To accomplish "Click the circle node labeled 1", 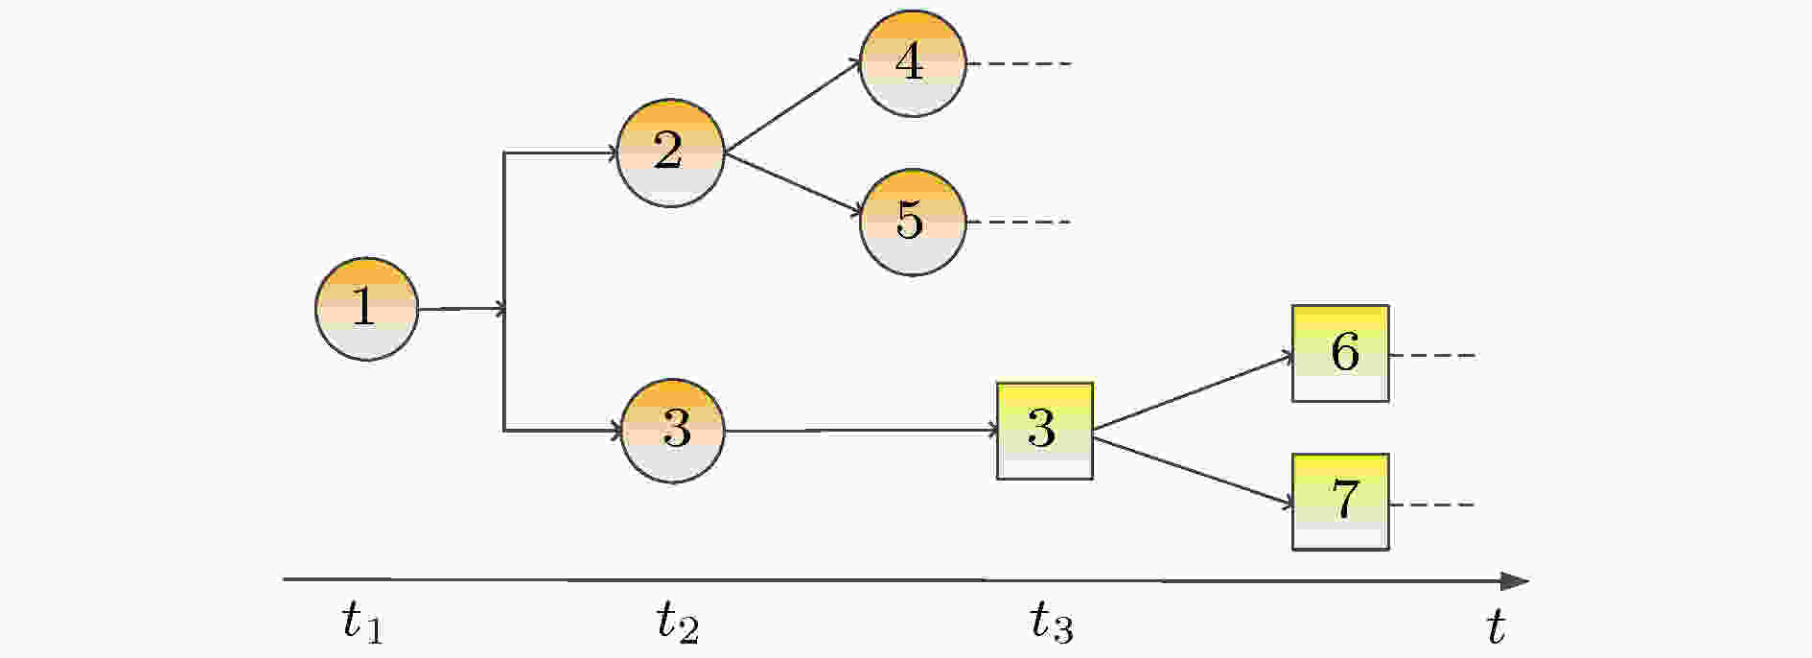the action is tap(367, 309).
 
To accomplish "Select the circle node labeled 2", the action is tap(670, 153).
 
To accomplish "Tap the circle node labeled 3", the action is tap(673, 431).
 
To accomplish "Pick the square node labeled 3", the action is tap(1045, 431).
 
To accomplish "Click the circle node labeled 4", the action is tap(913, 63).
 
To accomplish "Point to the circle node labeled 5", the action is tap(913, 223).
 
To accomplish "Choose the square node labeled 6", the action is tap(1340, 353).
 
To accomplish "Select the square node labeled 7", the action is tap(1340, 502).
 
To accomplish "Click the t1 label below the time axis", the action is tap(362, 623).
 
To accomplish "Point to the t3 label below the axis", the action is tap(1052, 623).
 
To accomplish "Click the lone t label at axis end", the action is tap(1496, 627).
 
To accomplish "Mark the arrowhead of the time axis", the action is tap(1515, 581).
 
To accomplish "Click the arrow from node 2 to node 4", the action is tap(793, 106).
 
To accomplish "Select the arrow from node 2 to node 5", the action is tap(793, 184).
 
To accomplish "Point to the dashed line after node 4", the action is tap(1019, 64).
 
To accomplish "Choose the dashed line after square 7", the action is tap(1432, 505).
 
